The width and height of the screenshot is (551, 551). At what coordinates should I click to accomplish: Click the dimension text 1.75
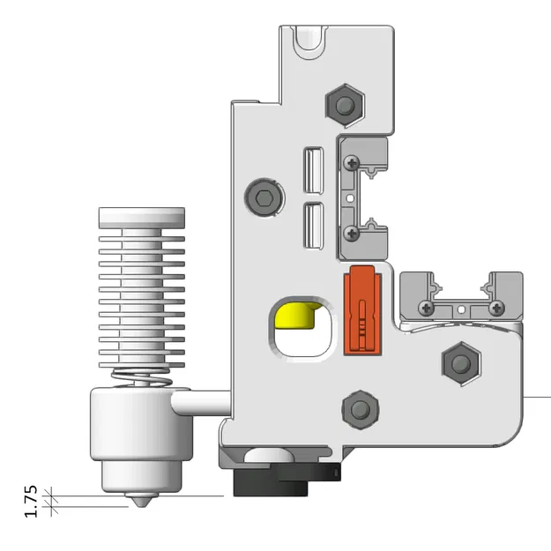click(30, 501)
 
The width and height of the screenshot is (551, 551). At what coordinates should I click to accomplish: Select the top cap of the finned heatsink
click(142, 215)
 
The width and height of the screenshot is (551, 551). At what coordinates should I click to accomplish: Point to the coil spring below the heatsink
click(142, 378)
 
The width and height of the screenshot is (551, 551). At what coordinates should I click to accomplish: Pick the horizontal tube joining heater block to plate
click(202, 404)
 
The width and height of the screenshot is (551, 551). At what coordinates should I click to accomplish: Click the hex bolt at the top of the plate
click(343, 103)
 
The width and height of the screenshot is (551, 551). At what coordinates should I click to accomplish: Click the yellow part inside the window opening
click(297, 314)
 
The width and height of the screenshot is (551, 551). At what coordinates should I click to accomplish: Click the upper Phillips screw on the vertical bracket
click(352, 162)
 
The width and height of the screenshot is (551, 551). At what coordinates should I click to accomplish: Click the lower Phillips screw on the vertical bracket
click(352, 233)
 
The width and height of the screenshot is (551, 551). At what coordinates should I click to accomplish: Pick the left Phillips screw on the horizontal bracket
click(427, 308)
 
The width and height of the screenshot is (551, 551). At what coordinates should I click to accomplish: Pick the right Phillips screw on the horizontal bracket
click(496, 308)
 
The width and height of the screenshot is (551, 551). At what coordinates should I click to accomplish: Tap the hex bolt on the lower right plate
click(459, 362)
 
